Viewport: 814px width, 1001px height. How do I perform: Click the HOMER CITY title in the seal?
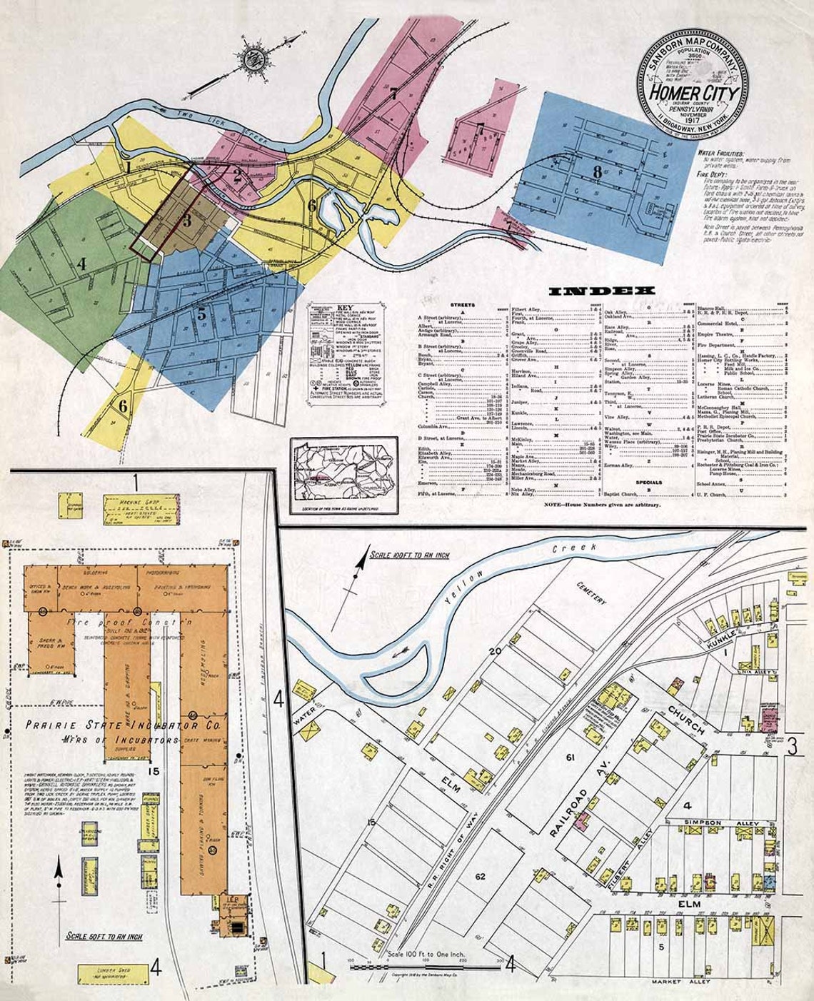point(693,94)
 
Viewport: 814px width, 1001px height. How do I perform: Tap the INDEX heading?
point(602,291)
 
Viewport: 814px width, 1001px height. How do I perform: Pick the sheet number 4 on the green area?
point(81,264)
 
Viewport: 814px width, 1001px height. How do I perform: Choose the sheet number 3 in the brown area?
point(186,221)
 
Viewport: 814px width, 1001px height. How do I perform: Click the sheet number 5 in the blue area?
point(202,313)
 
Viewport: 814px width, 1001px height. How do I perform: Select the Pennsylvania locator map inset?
point(344,473)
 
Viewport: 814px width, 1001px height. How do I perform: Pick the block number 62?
point(480,875)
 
